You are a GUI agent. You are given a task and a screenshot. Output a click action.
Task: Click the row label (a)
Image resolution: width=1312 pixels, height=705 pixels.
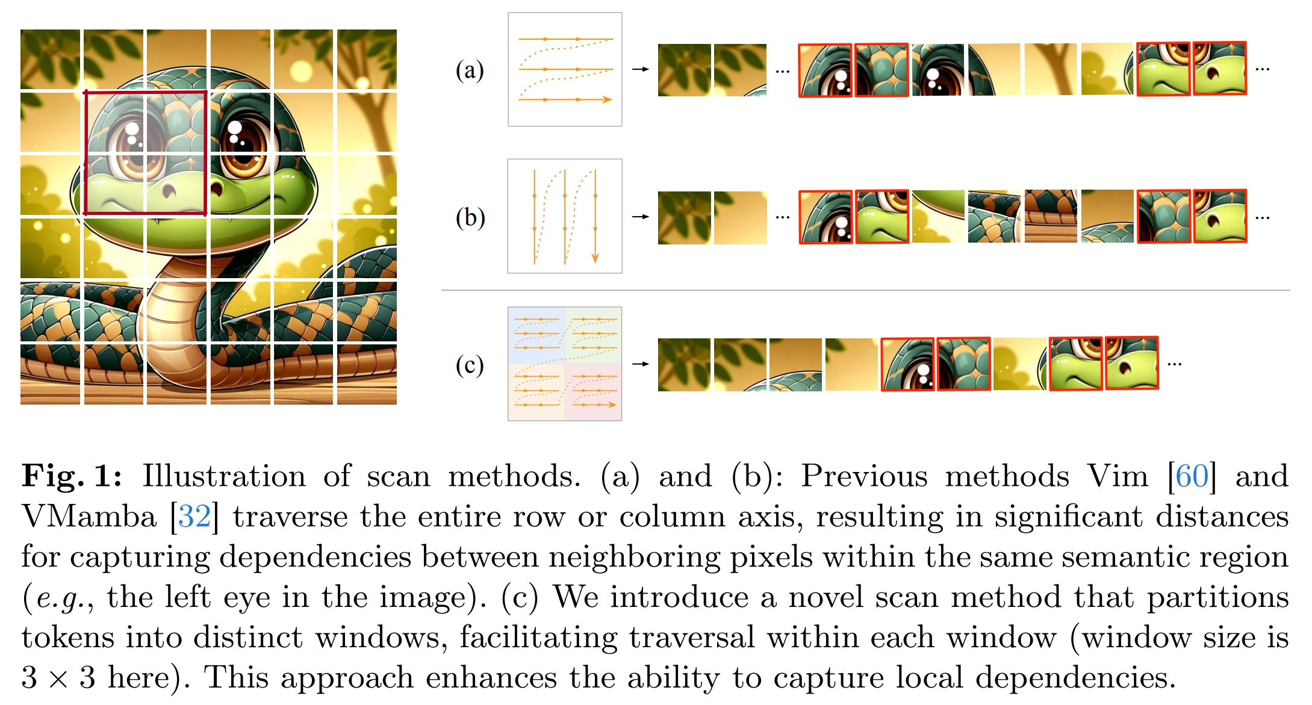coord(470,70)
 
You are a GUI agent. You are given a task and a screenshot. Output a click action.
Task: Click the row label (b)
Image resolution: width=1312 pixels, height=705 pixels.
coord(470,217)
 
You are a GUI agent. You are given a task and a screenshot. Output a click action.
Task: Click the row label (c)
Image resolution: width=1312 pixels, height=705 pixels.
coord(470,365)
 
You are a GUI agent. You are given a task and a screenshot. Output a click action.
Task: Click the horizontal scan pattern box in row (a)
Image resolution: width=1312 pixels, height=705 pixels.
coord(565,69)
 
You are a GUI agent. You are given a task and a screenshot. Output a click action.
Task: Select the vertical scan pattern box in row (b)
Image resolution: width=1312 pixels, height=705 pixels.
coord(565,216)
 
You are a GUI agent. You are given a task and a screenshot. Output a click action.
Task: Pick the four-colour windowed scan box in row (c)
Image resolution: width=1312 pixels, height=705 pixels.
coord(565,364)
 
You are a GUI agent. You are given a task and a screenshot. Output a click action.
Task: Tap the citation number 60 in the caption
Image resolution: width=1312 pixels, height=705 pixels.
coord(1192,476)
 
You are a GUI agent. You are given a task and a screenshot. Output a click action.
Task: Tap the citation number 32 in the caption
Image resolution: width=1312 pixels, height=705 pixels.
coord(194,517)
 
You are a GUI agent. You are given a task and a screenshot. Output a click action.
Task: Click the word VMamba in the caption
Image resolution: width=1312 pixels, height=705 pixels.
coord(89,517)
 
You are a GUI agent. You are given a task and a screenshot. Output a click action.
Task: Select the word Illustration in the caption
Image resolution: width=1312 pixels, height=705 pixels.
coord(224,476)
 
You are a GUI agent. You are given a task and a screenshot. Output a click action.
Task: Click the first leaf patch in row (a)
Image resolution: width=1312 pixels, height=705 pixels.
coord(684,70)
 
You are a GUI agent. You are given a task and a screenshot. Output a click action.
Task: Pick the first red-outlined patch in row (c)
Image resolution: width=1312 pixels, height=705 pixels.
coord(907,364)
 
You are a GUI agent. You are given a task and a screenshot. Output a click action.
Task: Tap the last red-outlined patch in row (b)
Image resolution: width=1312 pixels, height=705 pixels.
coord(1220,216)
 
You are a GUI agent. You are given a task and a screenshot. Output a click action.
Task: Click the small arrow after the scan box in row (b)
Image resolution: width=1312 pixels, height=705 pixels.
coord(640,216)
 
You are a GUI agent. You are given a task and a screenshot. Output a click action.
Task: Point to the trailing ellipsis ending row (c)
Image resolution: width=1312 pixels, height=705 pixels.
coord(1174,364)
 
